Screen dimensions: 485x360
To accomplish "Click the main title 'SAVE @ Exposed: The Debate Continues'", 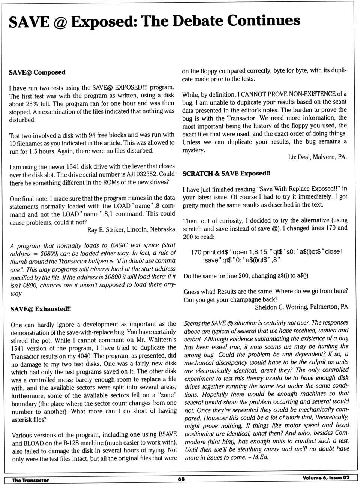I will point(154,21).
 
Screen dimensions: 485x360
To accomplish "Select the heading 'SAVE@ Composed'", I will point(37,72).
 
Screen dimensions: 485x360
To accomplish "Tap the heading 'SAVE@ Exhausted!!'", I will point(41,309).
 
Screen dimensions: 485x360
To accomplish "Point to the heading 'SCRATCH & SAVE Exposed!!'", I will point(226,174).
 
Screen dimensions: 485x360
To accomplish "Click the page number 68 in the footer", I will point(181,479).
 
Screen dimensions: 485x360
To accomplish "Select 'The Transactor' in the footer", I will point(30,480).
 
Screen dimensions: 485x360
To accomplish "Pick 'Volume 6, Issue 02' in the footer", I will point(326,478).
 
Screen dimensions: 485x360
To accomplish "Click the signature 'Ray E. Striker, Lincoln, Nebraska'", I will point(131,229).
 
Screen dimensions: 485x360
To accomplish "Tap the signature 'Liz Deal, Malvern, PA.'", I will point(317,157).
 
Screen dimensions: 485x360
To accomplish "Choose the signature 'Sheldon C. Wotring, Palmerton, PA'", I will point(301,307).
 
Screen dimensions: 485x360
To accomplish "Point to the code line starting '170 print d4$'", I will point(267,252).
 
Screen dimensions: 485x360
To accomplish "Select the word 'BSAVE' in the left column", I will point(167,434).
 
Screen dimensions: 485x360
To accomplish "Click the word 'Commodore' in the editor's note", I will point(210,442).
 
